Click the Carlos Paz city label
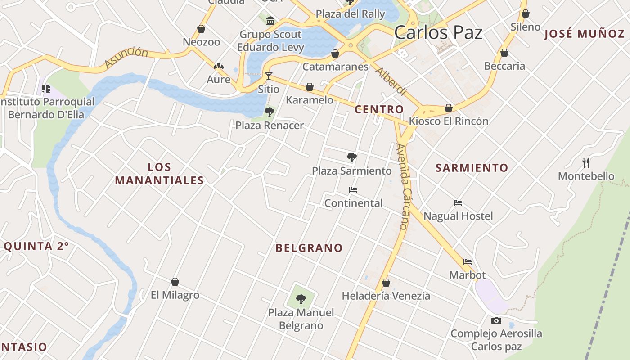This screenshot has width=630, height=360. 438,32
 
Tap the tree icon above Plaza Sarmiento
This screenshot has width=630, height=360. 352,157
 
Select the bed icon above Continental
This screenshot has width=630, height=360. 353,190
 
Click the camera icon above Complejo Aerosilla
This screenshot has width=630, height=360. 496,320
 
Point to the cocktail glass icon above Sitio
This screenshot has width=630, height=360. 269,76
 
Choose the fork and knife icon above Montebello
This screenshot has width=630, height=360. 586,162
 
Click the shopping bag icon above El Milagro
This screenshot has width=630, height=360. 175,282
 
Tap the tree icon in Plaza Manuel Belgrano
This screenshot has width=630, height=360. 301,299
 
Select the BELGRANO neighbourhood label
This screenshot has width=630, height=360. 309,248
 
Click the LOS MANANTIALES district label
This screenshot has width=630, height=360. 159,174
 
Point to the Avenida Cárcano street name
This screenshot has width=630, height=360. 404,186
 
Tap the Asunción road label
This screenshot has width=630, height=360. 126,58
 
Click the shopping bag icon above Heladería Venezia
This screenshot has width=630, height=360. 386,283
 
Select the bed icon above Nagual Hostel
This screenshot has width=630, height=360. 458,203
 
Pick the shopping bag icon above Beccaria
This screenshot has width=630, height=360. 504,53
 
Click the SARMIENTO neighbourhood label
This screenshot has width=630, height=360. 472,168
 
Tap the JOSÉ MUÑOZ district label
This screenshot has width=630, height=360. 584,34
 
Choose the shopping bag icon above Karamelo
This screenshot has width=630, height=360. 310,86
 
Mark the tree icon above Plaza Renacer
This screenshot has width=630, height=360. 270,112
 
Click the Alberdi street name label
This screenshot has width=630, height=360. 391,81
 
